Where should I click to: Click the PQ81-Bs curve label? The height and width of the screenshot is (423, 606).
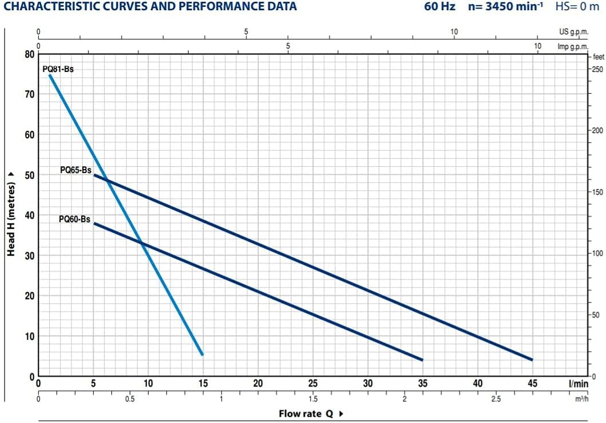pos(58,69)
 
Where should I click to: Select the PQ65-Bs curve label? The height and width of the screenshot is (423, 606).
pos(76,170)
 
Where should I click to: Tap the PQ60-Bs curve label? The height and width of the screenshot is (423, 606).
pos(74,219)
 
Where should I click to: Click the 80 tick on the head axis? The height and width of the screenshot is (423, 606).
pos(29,55)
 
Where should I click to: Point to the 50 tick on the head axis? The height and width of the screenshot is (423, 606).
pos(29,175)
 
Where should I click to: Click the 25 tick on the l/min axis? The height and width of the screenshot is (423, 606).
pos(313,384)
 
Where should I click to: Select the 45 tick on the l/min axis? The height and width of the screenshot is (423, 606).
pos(532,384)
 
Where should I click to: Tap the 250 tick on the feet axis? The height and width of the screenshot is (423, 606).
pos(597,70)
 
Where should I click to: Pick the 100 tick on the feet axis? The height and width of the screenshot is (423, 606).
pos(597,253)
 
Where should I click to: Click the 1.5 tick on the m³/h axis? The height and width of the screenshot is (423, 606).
pos(313,399)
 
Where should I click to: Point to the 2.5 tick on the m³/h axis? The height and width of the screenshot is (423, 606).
pos(496,399)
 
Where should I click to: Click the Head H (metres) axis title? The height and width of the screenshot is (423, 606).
pos(11,215)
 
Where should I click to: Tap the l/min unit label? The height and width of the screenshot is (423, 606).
pos(578,384)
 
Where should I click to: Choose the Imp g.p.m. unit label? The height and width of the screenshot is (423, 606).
pos(572,46)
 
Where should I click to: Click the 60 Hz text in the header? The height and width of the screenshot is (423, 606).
pos(440,7)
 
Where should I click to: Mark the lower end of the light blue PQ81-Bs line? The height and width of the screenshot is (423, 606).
pos(202,354)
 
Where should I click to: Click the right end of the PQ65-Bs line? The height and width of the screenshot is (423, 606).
pos(532,360)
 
